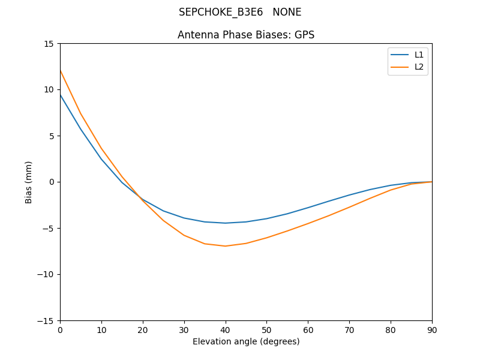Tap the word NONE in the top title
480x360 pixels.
(x=287, y=13)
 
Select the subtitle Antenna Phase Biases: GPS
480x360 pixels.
(x=246, y=35)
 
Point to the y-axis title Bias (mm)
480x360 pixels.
(x=29, y=182)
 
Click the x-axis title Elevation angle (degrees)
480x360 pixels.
(x=246, y=341)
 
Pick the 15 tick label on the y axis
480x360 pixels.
(x=49, y=44)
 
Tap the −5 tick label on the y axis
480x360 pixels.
(x=47, y=229)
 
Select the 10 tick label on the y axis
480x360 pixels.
(x=49, y=90)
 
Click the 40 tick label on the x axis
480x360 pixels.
(x=225, y=330)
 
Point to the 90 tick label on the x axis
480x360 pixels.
(x=431, y=330)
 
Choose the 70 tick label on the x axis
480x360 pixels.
(x=349, y=330)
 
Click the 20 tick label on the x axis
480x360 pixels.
(x=143, y=330)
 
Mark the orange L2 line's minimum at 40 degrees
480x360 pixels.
(x=225, y=246)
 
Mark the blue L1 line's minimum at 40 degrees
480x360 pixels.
(x=225, y=223)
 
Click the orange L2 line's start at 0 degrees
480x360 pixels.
(x=61, y=71)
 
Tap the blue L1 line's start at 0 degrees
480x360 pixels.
(x=61, y=95)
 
